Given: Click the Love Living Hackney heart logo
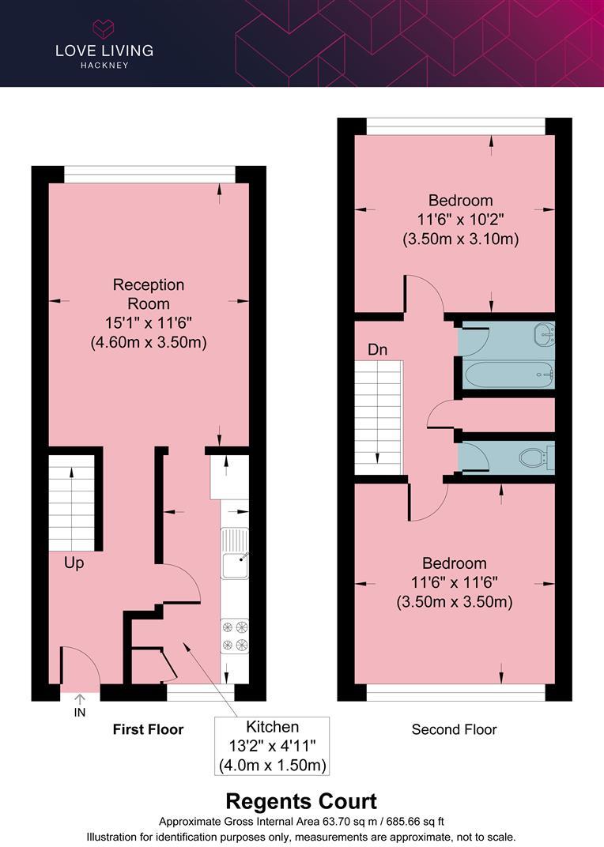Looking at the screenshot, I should click(x=104, y=29).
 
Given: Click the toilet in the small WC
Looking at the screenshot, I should click(x=537, y=457).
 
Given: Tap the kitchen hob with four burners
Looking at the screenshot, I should click(x=235, y=637).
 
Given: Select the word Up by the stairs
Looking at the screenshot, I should click(x=74, y=564).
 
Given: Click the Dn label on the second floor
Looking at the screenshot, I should click(x=377, y=349).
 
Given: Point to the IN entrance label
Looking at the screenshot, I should click(x=79, y=713).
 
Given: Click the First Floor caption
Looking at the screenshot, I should click(x=148, y=729).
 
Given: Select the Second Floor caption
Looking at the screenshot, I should click(x=454, y=729).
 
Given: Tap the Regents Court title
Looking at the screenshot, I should click(x=301, y=801).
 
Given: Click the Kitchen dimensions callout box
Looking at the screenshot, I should click(x=272, y=746).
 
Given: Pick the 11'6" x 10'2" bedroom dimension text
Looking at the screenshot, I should click(x=460, y=220).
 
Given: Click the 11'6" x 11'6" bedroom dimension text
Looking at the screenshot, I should click(x=455, y=583).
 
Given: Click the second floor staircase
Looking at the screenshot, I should click(x=379, y=417).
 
